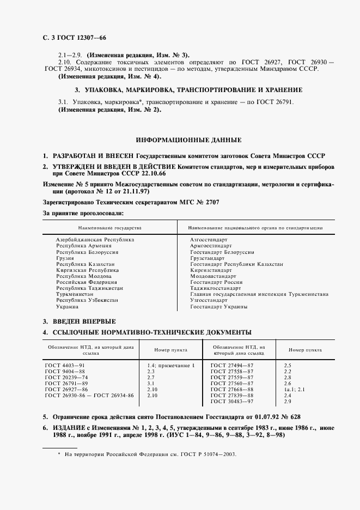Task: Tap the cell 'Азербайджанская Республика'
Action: (x=95, y=240)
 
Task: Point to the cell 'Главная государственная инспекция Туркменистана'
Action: (x=259, y=294)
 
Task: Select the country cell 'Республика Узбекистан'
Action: (x=87, y=300)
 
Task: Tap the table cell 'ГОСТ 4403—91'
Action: (x=65, y=365)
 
